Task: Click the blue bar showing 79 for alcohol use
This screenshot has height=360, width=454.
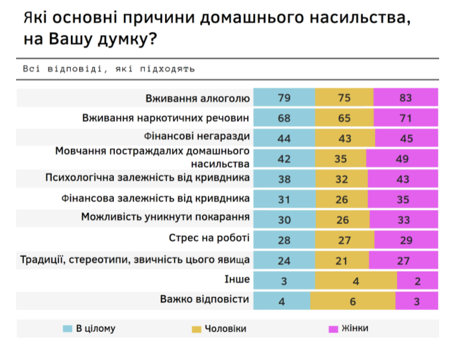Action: coord(284,98)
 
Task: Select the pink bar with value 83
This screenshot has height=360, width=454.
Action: coord(406,98)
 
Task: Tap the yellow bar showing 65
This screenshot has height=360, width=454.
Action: coord(344,118)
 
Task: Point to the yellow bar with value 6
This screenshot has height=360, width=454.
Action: coord(353,301)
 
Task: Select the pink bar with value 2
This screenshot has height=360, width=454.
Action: coord(418,280)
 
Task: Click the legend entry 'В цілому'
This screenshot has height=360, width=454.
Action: coord(89,328)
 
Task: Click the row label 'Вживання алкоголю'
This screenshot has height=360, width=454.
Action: coord(197,98)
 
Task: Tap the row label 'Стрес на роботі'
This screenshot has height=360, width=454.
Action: coord(209,238)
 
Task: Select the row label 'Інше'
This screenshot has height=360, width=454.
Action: coord(238,279)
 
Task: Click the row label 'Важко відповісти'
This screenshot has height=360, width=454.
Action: coord(204,300)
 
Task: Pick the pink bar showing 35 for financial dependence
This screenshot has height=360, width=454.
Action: coord(403,198)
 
